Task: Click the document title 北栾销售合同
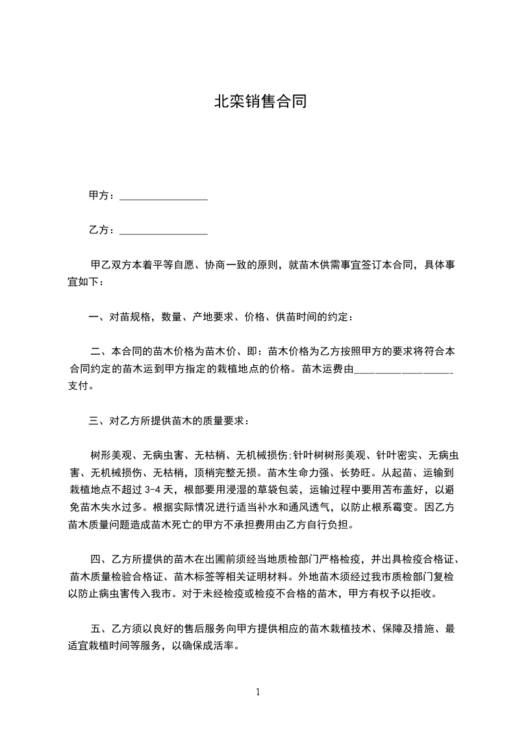(x=260, y=101)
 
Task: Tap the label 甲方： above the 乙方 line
(x=102, y=196)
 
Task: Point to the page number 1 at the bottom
(x=258, y=692)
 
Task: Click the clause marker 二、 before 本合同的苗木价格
(x=101, y=352)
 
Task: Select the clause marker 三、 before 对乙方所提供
(x=98, y=421)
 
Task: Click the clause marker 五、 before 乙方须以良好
(x=101, y=628)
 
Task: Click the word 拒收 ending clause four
(x=425, y=593)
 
